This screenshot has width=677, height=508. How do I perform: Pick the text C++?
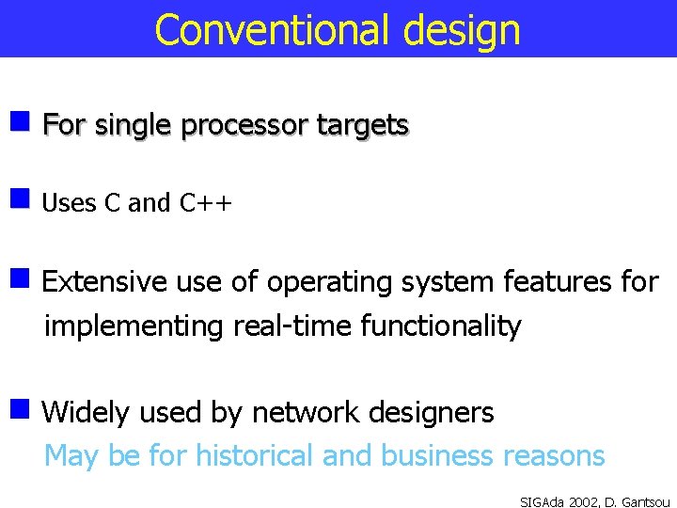tap(205, 203)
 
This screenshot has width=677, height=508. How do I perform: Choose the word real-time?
tap(288, 326)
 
